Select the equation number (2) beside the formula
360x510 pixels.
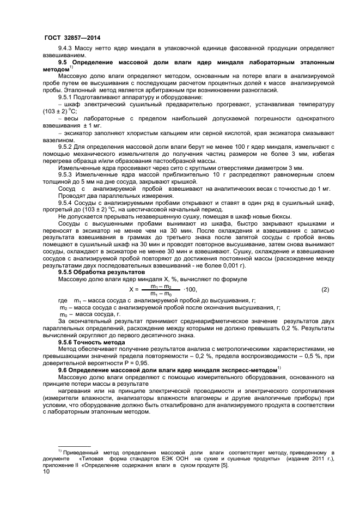click(x=325, y=289)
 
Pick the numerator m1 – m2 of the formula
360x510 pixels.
click(x=161, y=286)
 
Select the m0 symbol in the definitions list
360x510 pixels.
click(x=63, y=314)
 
